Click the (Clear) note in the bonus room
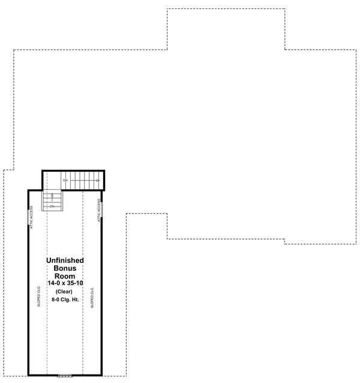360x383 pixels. coord(65,292)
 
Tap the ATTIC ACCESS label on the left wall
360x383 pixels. coord(32,217)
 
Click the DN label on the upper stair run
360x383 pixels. coord(65,179)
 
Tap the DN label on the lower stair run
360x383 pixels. coord(52,207)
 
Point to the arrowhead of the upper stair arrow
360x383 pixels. coord(98,179)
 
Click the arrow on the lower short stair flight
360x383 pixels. coord(52,196)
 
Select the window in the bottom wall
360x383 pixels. coord(65,375)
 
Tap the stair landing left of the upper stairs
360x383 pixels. coord(52,179)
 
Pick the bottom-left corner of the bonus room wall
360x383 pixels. coord(28,375)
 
